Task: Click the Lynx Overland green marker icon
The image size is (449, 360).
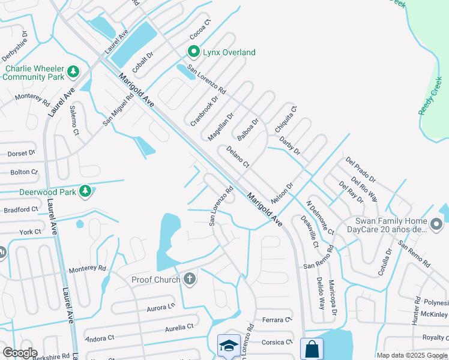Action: pos(194,52)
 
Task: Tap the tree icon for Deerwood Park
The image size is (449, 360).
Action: pos(85,191)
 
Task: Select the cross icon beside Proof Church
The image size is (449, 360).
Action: pos(190,279)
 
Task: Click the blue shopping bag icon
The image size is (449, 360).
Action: pos(312,349)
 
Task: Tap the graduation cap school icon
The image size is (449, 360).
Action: pos(229,346)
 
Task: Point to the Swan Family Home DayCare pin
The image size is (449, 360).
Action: pos(436,225)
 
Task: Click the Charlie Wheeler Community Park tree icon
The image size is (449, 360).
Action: pos(73,73)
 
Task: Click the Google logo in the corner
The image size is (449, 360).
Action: pos(20,353)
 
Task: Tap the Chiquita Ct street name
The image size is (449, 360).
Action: pos(285,119)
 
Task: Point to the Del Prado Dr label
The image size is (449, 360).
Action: pos(360,170)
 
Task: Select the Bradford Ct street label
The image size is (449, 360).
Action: pos(20,210)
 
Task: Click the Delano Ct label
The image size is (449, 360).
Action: pos(238,157)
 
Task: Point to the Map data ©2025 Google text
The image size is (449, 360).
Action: pos(412,355)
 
